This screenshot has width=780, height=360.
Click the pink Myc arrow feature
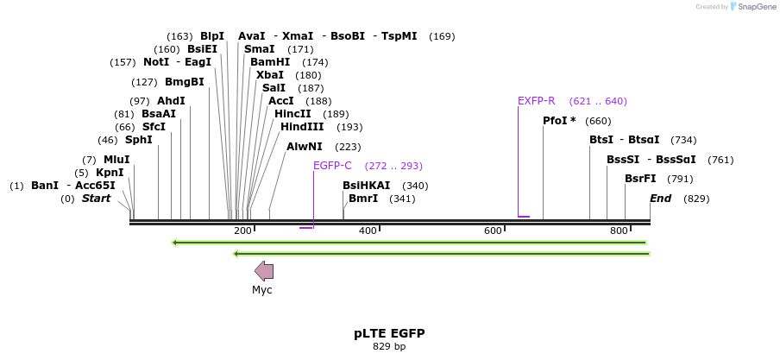pyautogui.click(x=264, y=271)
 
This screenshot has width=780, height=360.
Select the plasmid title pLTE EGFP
pyautogui.click(x=389, y=333)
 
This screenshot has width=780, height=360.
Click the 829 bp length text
pyautogui.click(x=389, y=347)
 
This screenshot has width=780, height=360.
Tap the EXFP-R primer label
pyautogui.click(x=536, y=101)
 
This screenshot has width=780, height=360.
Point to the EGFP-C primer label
pyautogui.click(x=332, y=166)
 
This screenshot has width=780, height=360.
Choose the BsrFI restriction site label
pyautogui.click(x=640, y=179)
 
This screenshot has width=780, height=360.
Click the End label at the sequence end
pyautogui.click(x=660, y=199)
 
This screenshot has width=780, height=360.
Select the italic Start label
pyautogui.click(x=96, y=199)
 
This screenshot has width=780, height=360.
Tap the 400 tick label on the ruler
pyautogui.click(x=368, y=231)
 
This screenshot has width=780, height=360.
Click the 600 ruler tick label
pyautogui.click(x=493, y=231)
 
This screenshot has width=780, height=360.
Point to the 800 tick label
pyautogui.click(x=619, y=231)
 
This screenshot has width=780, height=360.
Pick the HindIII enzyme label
pyautogui.click(x=302, y=127)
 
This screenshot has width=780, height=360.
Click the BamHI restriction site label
pyautogui.click(x=269, y=62)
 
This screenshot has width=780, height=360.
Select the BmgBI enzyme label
pyautogui.click(x=185, y=82)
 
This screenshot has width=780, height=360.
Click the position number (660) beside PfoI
pyautogui.click(x=598, y=121)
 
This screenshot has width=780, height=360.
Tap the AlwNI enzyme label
pyautogui.click(x=304, y=147)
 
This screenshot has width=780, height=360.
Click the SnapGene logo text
pyautogui.click(x=755, y=7)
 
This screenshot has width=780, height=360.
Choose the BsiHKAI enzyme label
pyautogui.click(x=366, y=186)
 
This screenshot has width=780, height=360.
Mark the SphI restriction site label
pyautogui.click(x=138, y=140)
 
